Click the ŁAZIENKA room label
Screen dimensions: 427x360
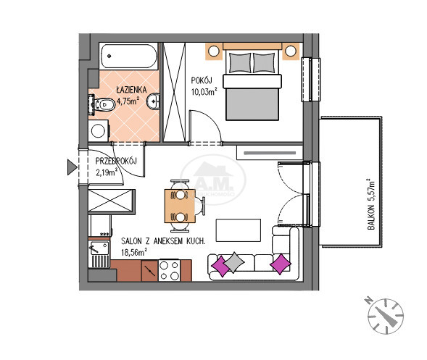[x=131, y=90]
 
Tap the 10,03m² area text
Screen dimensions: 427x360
[x=204, y=92]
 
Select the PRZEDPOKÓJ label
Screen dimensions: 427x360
[x=116, y=161]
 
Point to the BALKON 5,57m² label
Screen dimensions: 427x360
[x=371, y=204]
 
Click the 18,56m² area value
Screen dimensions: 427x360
[x=134, y=252]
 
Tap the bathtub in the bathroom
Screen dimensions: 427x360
[x=129, y=56]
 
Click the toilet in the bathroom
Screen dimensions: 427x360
[x=101, y=104]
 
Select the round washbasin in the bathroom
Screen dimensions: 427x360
[x=153, y=101]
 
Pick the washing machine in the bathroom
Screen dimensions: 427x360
[x=99, y=130]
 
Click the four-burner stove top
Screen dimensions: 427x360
[x=169, y=270]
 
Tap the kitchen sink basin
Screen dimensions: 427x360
[x=99, y=248]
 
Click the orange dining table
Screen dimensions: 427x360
[x=180, y=206]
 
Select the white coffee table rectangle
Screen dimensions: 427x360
[x=239, y=230]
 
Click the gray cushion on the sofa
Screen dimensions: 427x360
[x=234, y=262]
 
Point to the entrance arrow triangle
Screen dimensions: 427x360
[x=72, y=167]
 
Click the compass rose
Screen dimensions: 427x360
[x=386, y=317]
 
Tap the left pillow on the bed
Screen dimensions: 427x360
[x=240, y=63]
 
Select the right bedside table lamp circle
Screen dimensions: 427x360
[x=291, y=51]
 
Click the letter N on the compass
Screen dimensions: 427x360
[x=369, y=300]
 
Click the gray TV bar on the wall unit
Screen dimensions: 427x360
[x=270, y=153]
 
